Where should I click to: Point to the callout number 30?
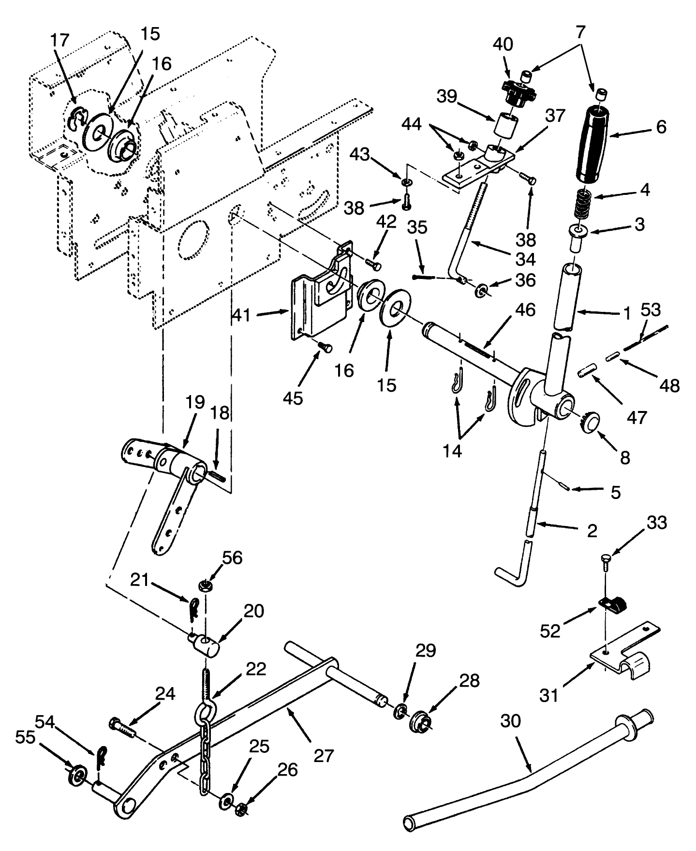(x=510, y=721)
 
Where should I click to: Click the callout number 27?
(x=323, y=755)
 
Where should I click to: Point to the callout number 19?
(x=194, y=402)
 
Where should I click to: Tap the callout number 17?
(x=60, y=40)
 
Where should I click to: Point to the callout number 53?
(x=651, y=309)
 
